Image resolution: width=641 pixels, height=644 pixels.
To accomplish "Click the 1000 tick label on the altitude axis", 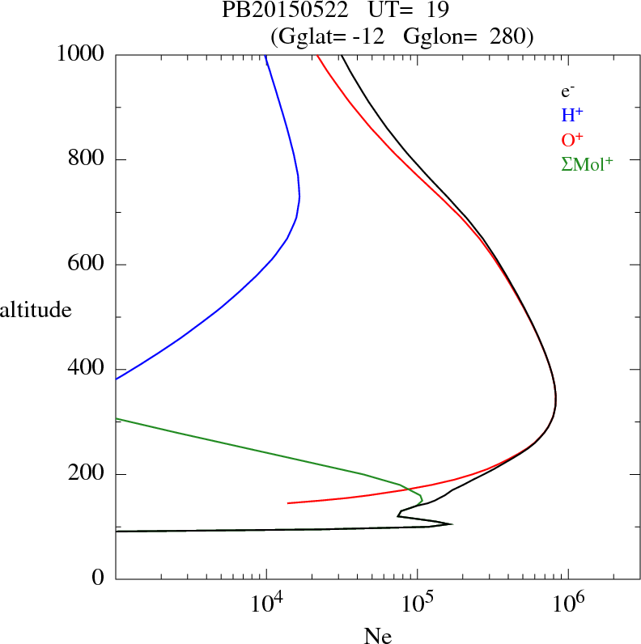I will point(82,54).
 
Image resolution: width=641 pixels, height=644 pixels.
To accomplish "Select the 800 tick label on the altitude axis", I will point(88,159).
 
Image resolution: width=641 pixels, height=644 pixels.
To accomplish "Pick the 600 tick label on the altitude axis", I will point(88,265).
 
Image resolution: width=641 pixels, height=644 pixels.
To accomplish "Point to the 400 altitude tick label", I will point(88,369).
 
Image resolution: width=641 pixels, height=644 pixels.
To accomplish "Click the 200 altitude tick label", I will point(88,474).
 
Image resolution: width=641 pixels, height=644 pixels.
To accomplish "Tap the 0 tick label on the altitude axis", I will point(99,578).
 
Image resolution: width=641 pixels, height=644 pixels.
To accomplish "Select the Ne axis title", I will point(377,636).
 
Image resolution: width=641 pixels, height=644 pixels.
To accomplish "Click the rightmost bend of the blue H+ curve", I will point(299,197).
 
